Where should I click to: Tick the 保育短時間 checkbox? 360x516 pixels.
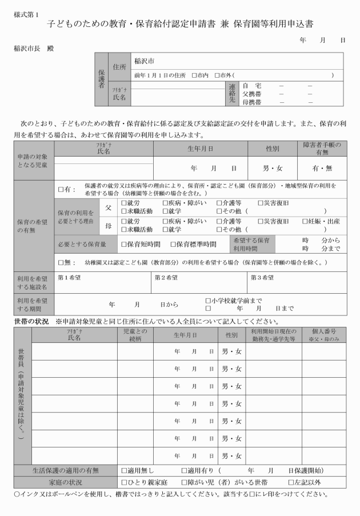point(124,244)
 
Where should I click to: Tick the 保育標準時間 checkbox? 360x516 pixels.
point(172,244)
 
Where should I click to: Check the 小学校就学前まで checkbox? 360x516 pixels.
point(208,300)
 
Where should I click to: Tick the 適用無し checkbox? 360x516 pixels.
point(124,470)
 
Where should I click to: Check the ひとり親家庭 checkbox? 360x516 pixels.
point(124,482)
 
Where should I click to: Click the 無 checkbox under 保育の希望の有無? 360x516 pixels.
point(61,262)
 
